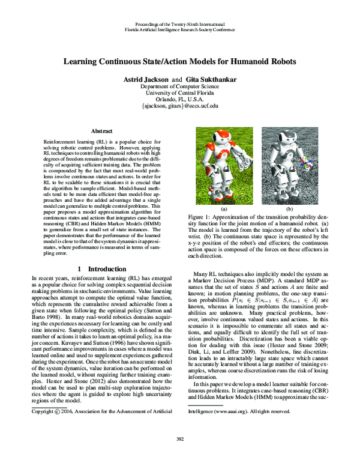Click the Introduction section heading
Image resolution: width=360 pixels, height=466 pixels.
tap(103, 266)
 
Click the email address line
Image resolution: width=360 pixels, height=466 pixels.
tap(180, 106)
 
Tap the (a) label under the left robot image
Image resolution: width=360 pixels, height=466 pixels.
tap(223, 209)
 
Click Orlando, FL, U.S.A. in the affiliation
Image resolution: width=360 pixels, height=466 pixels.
tap(180, 98)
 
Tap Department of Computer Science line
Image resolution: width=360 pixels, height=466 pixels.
tap(180, 85)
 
